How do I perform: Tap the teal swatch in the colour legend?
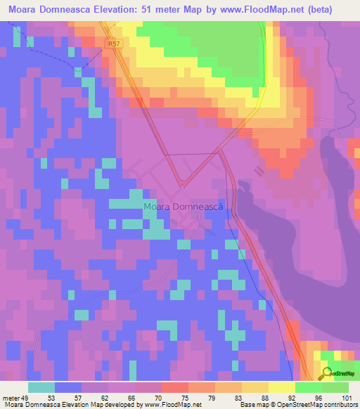tap(41, 387)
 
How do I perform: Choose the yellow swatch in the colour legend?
tap(281, 387)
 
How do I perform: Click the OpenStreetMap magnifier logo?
tap(327, 373)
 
